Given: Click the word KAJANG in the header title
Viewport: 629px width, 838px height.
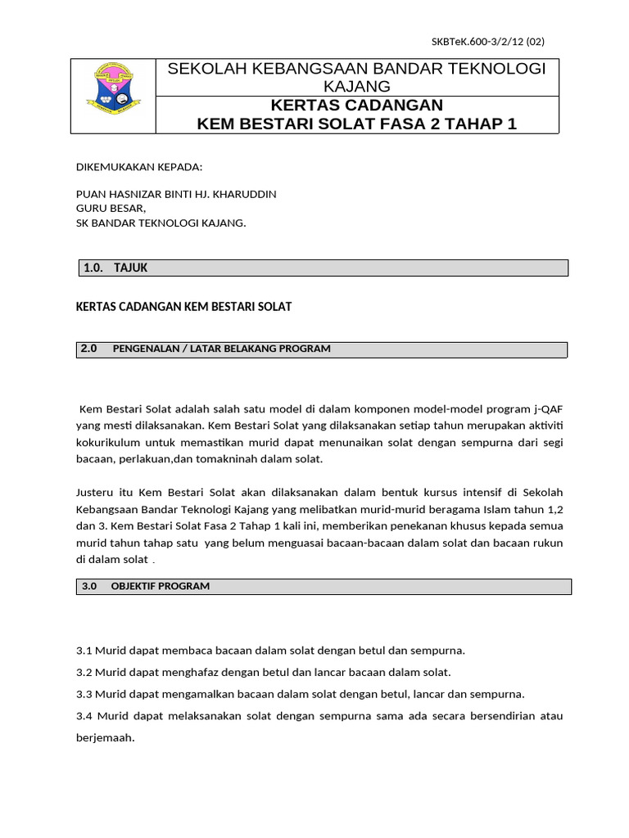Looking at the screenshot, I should click(356, 86).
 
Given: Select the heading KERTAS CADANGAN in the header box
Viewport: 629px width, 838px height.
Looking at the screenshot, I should click(356, 105).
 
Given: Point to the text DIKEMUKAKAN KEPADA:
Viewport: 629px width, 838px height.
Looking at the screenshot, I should click(138, 167).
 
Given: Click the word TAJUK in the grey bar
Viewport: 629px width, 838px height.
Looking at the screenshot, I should click(131, 268).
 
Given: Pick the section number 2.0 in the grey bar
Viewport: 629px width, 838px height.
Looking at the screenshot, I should click(88, 349).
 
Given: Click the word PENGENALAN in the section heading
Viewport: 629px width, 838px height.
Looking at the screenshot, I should click(143, 349).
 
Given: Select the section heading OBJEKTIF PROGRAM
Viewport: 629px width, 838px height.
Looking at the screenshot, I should click(160, 586).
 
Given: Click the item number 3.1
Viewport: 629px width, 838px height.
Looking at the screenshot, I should click(84, 651).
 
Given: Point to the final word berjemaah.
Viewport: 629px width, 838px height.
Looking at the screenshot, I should click(104, 737).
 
